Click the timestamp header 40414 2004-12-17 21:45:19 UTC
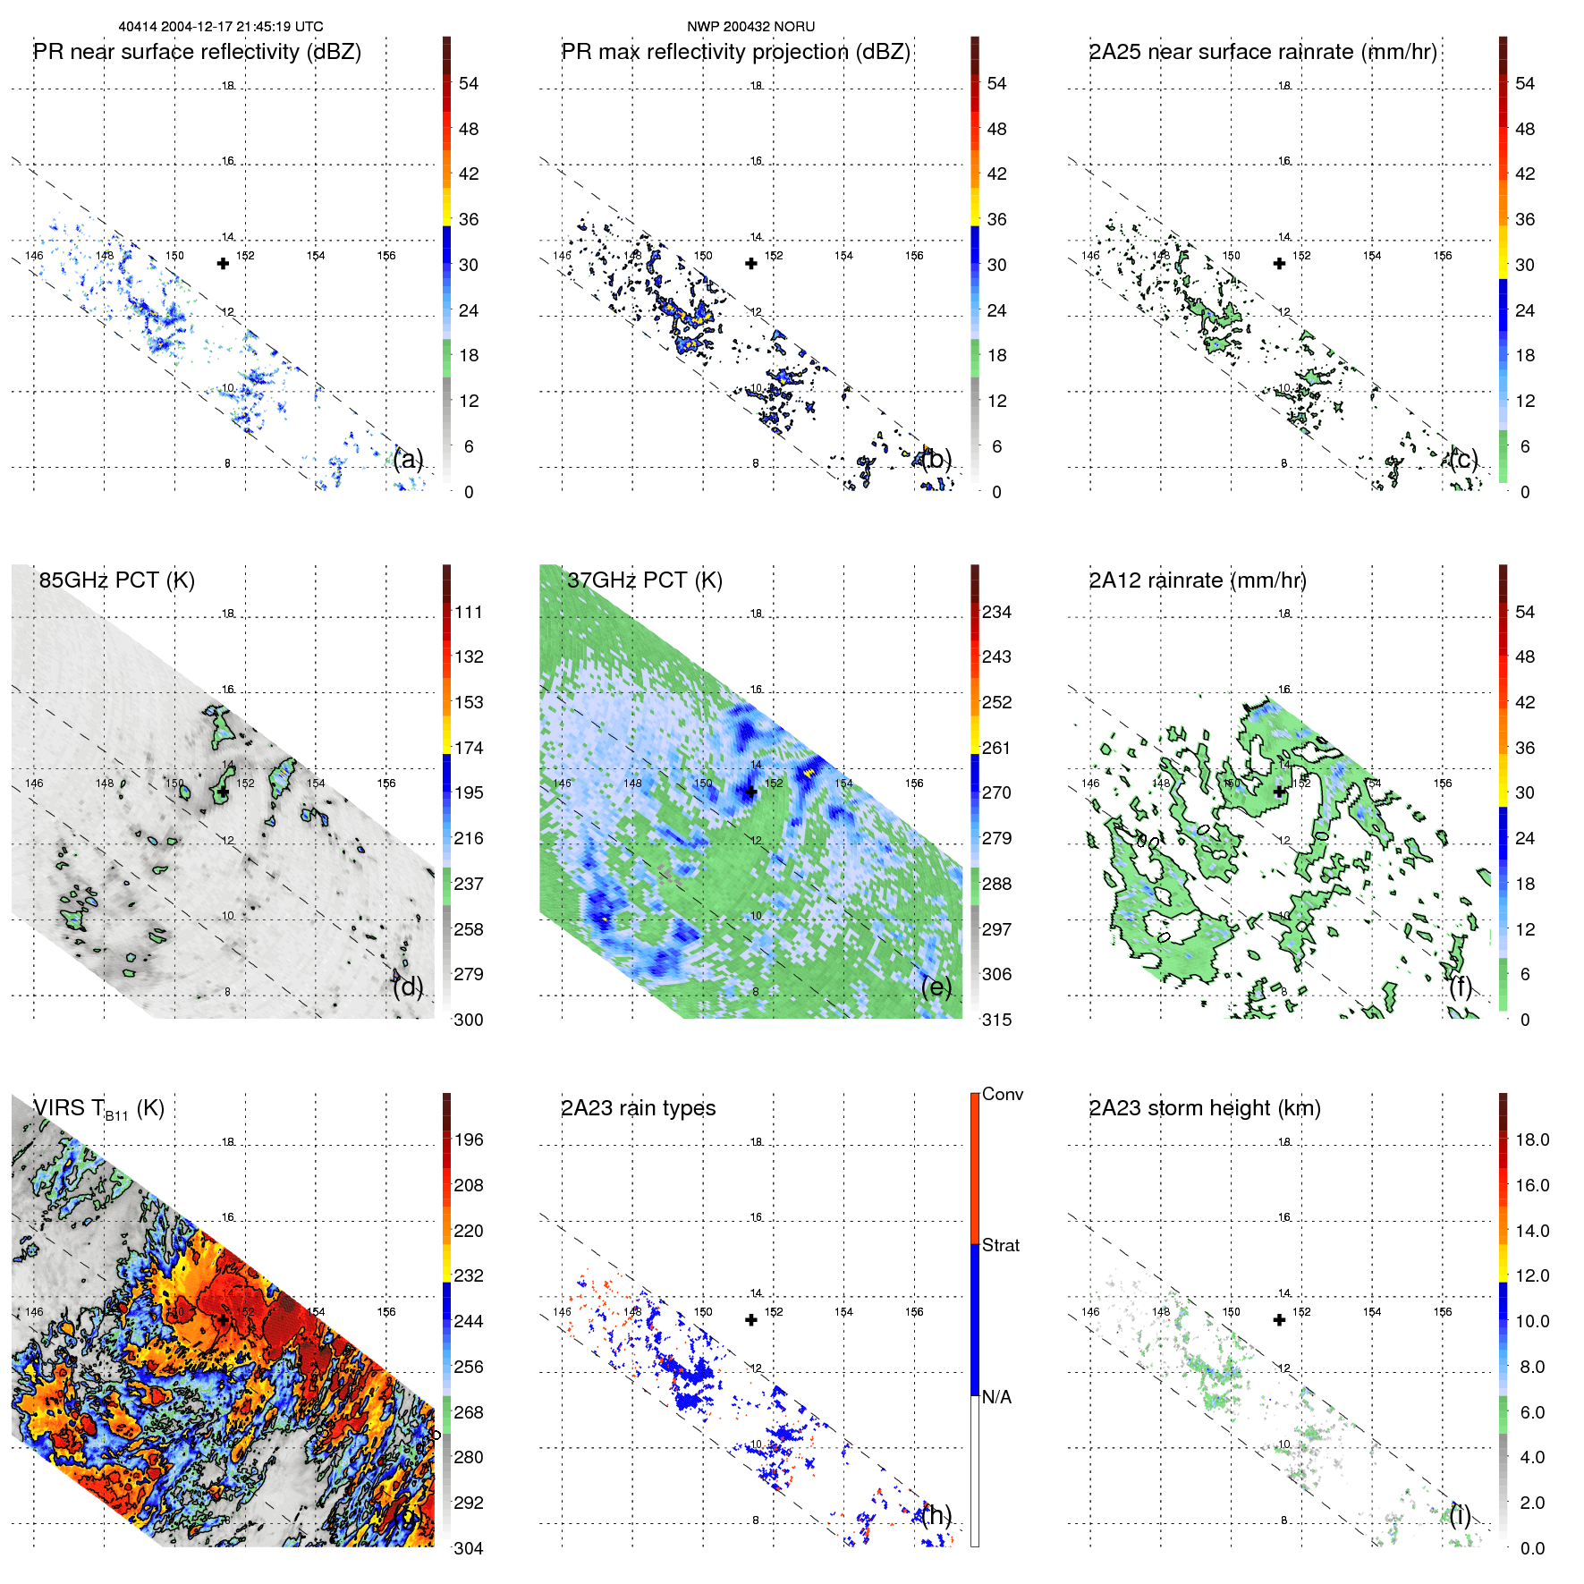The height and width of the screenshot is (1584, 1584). click(x=221, y=27)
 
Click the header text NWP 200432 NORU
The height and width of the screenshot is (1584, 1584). click(x=750, y=27)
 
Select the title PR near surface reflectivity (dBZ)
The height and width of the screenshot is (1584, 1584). click(x=197, y=52)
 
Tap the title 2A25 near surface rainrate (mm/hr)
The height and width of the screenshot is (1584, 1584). click(x=1262, y=52)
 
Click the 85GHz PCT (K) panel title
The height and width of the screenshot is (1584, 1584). click(x=116, y=580)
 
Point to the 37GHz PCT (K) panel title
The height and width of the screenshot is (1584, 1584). click(x=644, y=580)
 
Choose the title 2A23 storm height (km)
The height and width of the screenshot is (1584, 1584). click(x=1204, y=1108)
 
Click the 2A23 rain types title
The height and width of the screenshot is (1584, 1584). click(x=638, y=1108)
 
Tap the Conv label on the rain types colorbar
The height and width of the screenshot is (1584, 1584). click(x=1002, y=1094)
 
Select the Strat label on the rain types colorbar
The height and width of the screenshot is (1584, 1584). click(x=1000, y=1245)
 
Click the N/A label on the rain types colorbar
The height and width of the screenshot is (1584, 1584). click(x=996, y=1397)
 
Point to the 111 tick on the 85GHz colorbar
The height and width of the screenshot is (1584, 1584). click(x=468, y=612)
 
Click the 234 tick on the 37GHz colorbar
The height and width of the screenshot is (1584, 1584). click(x=996, y=612)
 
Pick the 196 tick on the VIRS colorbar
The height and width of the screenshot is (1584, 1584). click(x=468, y=1139)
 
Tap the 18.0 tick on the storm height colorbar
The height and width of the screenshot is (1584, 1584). click(x=1531, y=1139)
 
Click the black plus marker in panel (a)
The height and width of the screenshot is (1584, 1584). click(x=223, y=263)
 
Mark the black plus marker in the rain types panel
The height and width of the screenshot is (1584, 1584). click(x=751, y=1319)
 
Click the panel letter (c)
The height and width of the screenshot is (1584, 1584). click(x=1463, y=459)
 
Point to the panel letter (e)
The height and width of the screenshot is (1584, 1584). click(x=936, y=987)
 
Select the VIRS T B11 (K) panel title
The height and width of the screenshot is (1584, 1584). click(x=98, y=1109)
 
